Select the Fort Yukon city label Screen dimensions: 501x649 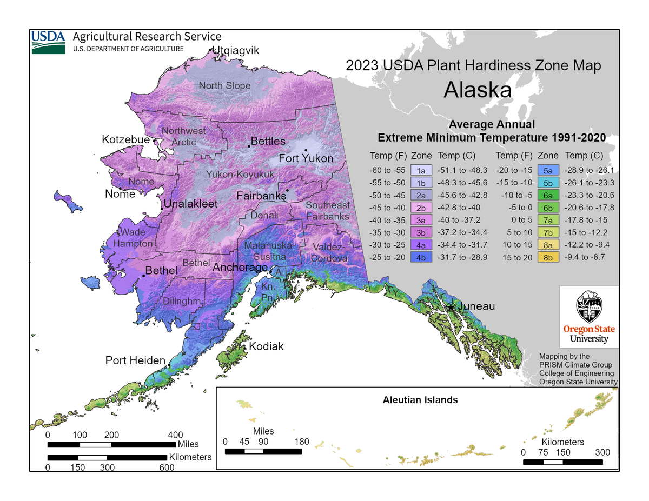pyautogui.click(x=306, y=158)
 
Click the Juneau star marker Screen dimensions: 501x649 pyautogui.click(x=451, y=306)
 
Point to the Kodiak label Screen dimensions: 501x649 pyautogui.click(x=266, y=346)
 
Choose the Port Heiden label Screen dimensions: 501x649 pyautogui.click(x=135, y=360)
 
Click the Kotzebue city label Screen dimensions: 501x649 pyautogui.click(x=125, y=140)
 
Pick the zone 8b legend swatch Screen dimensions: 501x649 pyautogui.click(x=548, y=257)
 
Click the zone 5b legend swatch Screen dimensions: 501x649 pyautogui.click(x=548, y=182)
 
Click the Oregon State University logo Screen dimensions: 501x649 pyautogui.click(x=589, y=317)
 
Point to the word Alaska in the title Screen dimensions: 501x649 pyautogui.click(x=478, y=90)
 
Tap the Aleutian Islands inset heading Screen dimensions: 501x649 pyautogui.click(x=420, y=400)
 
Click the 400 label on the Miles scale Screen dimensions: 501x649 pyautogui.click(x=175, y=435)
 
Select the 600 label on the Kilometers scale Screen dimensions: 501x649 pyautogui.click(x=166, y=467)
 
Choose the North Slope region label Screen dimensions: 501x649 pyautogui.click(x=224, y=85)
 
